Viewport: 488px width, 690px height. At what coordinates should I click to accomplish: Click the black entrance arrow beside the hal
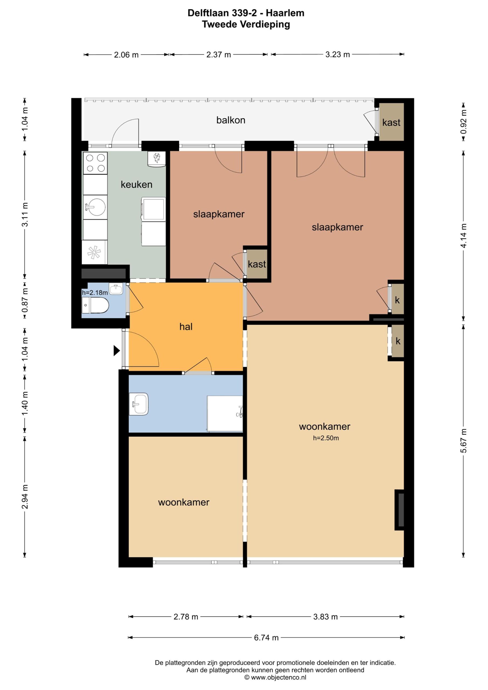[117, 350]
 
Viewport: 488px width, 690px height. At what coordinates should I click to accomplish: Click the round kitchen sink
[95, 207]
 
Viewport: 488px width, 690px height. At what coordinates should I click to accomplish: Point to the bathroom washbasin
[139, 404]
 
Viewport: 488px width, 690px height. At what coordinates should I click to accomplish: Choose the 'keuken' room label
[136, 185]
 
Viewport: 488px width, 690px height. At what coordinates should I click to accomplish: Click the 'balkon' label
[231, 120]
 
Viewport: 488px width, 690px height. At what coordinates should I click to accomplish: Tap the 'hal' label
[186, 327]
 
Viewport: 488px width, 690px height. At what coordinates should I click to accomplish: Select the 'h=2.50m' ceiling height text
[326, 438]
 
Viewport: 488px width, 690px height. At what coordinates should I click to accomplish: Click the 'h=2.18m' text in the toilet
[95, 293]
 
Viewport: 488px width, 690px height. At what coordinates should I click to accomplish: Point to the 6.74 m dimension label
[266, 637]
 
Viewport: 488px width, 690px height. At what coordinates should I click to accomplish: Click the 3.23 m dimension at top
[338, 54]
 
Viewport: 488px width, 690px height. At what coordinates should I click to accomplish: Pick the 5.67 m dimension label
[464, 441]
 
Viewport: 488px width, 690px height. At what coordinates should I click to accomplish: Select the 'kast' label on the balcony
[391, 123]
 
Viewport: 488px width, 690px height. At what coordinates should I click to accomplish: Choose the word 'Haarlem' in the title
[285, 13]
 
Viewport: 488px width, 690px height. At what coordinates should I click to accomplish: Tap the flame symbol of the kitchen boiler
[156, 157]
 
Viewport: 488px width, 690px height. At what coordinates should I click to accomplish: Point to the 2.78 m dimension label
[186, 617]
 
